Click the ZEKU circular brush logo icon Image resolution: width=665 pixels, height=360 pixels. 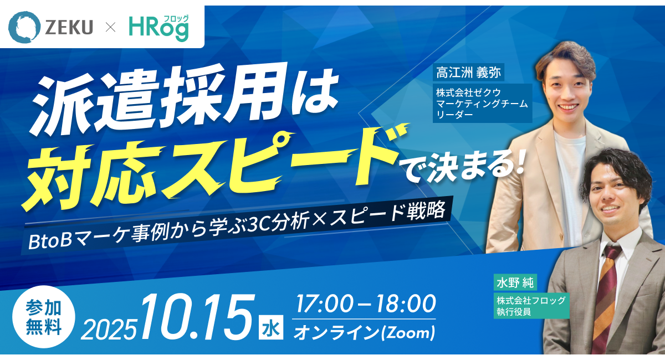click(x=24, y=27)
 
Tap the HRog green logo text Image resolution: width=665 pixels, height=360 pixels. click(x=158, y=30)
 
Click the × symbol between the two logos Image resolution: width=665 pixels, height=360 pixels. click(x=111, y=28)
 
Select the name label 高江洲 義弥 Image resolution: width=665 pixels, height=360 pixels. click(x=468, y=73)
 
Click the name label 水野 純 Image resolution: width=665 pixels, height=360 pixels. click(x=515, y=282)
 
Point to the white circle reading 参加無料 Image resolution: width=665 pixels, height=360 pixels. click(x=44, y=317)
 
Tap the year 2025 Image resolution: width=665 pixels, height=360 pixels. click(x=109, y=330)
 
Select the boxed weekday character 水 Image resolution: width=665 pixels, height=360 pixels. click(x=271, y=328)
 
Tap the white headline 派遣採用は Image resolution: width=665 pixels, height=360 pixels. click(x=184, y=98)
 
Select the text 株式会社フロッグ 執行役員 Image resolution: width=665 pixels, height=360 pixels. click(x=531, y=306)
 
